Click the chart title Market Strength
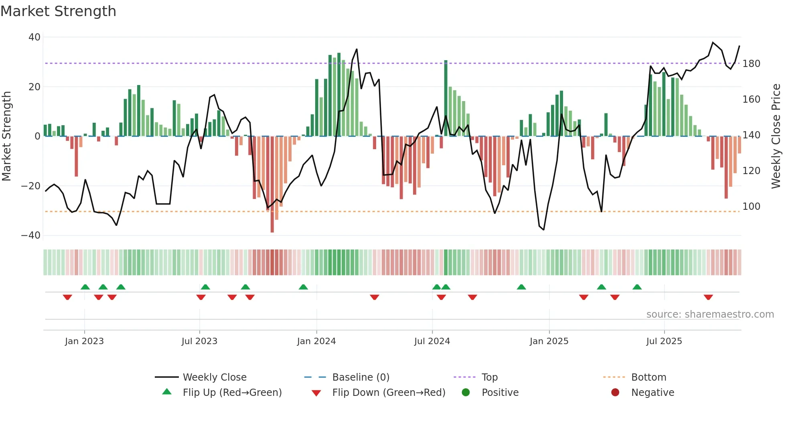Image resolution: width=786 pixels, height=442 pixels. (x=58, y=11)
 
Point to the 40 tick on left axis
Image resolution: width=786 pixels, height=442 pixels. (x=34, y=37)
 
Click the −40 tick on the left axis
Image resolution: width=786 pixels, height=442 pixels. (x=31, y=235)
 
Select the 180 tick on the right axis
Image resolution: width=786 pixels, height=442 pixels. (x=751, y=64)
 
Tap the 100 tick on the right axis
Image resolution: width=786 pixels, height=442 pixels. (x=751, y=207)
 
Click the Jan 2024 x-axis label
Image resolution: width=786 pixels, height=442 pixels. (x=316, y=341)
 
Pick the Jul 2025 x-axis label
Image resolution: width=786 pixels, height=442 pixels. (x=664, y=341)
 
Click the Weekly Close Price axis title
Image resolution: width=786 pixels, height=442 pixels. (x=776, y=136)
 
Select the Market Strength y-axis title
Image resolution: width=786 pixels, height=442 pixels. (x=7, y=136)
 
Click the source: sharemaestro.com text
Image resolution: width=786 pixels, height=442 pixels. (x=710, y=314)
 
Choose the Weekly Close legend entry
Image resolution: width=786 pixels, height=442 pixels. (x=215, y=377)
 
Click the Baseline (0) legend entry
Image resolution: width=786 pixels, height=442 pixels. (x=361, y=377)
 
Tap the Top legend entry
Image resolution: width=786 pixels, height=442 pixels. (x=489, y=377)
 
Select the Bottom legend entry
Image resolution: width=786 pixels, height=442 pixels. (x=648, y=377)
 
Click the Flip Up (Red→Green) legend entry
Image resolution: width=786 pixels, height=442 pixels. (x=232, y=393)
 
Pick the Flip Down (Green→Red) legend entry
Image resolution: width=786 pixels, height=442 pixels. (x=389, y=393)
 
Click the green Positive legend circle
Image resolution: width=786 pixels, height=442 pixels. (x=466, y=392)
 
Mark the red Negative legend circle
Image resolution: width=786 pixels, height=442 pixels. (x=615, y=392)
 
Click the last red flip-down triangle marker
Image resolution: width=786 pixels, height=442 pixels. (x=708, y=297)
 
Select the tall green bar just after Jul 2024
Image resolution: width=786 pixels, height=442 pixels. (x=446, y=98)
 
